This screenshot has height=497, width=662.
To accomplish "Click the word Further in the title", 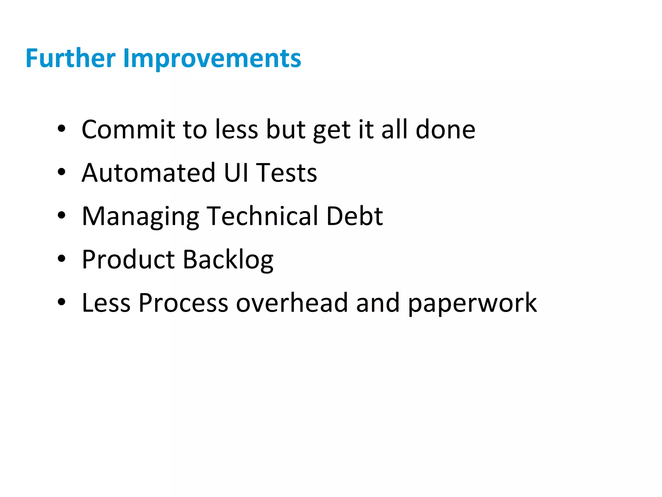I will pyautogui.click(x=70, y=58).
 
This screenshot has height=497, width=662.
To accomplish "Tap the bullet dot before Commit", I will pyautogui.click(x=61, y=129).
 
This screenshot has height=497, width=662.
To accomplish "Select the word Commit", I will pyautogui.click(x=128, y=129).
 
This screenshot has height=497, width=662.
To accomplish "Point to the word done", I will pyautogui.click(x=445, y=129).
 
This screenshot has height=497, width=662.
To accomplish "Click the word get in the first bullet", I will pyautogui.click(x=332, y=131).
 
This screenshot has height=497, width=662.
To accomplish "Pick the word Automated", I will pyautogui.click(x=148, y=173).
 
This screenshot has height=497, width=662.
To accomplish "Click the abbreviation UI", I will pyautogui.click(x=236, y=173).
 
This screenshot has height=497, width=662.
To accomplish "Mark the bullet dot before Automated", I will pyautogui.click(x=61, y=172).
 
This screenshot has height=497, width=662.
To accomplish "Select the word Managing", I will pyautogui.click(x=140, y=217).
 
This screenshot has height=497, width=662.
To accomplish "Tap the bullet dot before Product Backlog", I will pyautogui.click(x=61, y=259).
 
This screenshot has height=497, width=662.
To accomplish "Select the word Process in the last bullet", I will pyautogui.click(x=183, y=303).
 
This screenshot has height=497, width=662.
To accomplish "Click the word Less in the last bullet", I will pyautogui.click(x=106, y=303).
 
